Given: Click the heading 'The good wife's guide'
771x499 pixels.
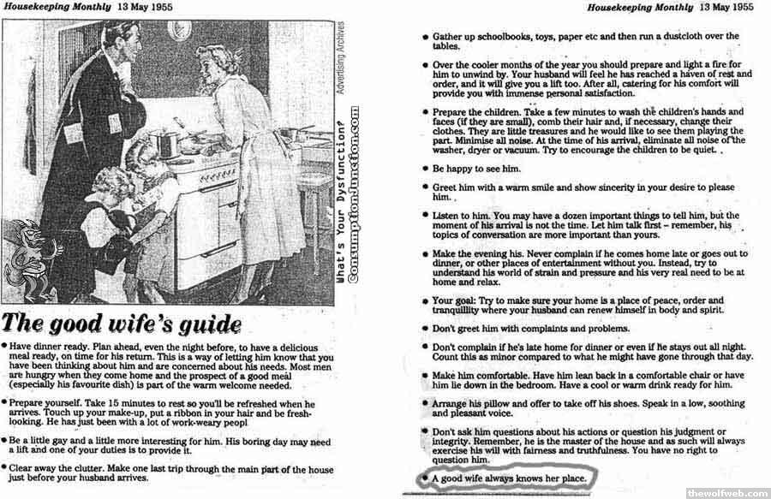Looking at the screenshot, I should click(x=121, y=324).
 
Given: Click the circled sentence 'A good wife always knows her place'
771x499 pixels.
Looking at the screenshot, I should click(x=511, y=478).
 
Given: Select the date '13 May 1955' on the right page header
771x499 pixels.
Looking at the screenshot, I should click(x=727, y=7).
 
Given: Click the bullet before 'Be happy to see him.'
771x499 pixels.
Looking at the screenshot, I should click(x=425, y=169).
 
